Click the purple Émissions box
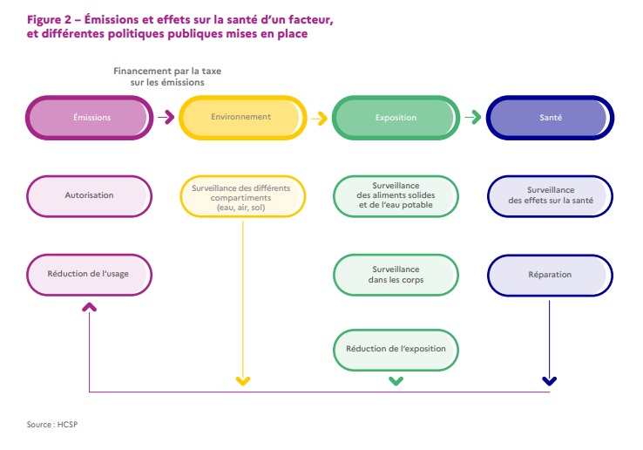90,118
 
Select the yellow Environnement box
241,118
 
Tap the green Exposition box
395,118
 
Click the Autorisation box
90,195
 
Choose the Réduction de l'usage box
90,275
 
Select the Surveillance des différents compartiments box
241,195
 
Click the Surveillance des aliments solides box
395,195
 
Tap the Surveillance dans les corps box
395,275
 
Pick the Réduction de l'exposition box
395,350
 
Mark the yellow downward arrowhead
242,380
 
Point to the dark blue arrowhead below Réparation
549,380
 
